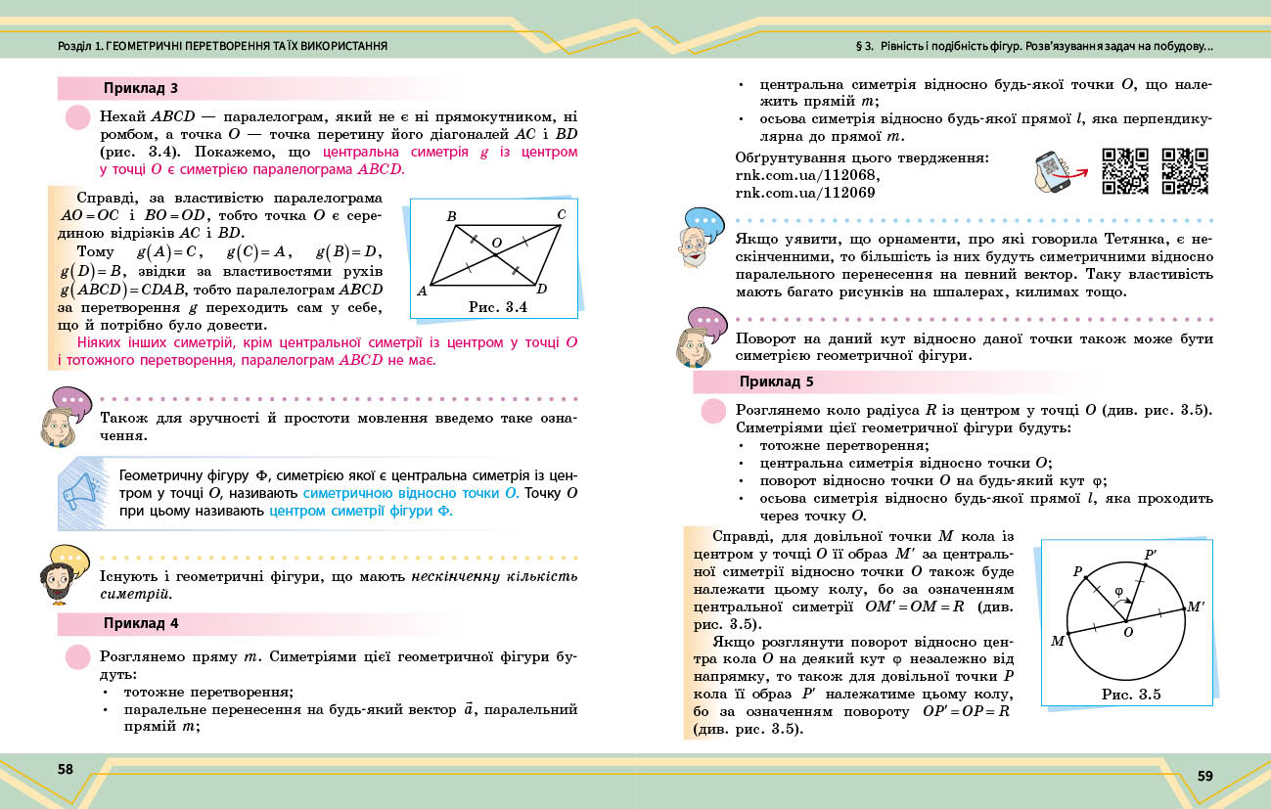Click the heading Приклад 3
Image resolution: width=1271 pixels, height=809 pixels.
140,88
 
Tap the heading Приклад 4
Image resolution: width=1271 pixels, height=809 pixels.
140,623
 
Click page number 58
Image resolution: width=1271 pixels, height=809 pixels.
66,769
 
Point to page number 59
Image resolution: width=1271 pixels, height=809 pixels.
1204,776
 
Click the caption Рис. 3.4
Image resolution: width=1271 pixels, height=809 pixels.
497,306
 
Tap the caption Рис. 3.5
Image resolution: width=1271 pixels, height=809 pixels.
1130,696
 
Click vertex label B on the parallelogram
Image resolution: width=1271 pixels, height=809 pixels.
451,216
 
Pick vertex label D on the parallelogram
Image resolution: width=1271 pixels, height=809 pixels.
541,289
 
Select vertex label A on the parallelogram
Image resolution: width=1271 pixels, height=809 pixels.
422,291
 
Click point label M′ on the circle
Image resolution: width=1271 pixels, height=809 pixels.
1195,607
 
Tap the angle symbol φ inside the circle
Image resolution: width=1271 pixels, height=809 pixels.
1119,591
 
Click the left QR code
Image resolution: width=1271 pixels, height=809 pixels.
1125,170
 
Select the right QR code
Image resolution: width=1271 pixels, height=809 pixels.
1185,170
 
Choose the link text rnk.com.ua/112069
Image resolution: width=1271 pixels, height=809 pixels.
804,193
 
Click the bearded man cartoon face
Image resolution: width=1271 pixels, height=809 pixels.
61,582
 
